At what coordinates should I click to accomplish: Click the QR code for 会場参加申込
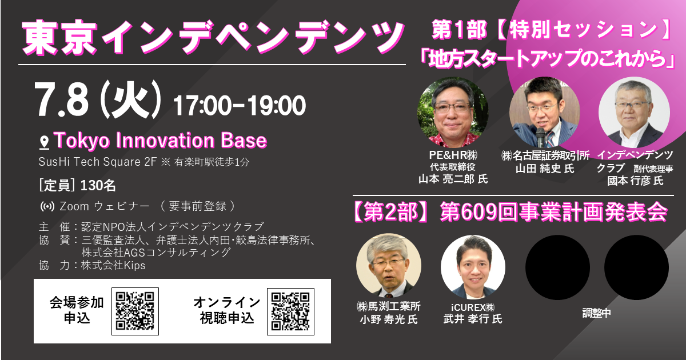pos(135,311)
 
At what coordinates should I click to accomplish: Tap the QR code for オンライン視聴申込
pos(290,311)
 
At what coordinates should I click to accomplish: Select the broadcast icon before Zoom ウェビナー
pos(47,207)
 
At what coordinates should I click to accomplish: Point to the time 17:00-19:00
pos(240,106)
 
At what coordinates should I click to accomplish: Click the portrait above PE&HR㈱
pos(453,113)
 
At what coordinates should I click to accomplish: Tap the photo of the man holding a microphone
pos(544,113)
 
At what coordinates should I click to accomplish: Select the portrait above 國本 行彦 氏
pos(634,113)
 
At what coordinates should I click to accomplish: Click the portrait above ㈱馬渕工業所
pos(389,266)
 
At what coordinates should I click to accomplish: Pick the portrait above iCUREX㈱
pos(473,267)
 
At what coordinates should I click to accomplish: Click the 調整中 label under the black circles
pos(597,313)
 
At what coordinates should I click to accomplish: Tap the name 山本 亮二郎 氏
pos(453,179)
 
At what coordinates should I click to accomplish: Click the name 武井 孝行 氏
pos(473,319)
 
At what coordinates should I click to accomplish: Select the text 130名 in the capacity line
pos(98,186)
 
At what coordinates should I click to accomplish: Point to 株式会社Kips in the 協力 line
pos(113,265)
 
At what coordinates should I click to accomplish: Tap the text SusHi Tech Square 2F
pos(97,162)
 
